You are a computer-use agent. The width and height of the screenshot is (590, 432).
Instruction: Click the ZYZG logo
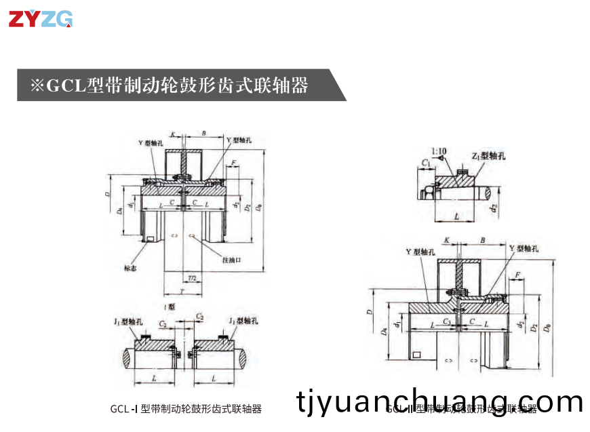(x=40, y=20)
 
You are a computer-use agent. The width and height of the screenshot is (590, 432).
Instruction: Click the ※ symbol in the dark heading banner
(x=37, y=85)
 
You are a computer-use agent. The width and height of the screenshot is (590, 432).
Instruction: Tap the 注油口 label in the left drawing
(x=232, y=260)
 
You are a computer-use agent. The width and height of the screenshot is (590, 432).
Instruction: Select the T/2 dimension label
(x=193, y=278)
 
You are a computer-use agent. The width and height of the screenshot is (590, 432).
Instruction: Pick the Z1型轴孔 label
(x=489, y=156)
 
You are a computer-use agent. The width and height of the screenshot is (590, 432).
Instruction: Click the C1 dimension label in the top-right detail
(x=425, y=163)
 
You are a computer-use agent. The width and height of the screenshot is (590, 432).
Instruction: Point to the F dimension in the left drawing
(x=233, y=163)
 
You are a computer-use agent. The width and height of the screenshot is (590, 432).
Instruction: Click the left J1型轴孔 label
(x=128, y=320)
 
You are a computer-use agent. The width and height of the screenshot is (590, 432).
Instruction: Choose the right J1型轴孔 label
(x=245, y=320)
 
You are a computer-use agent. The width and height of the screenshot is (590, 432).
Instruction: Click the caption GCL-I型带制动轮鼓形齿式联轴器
(x=186, y=409)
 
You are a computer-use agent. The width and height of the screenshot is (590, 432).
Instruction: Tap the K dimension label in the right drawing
(x=446, y=240)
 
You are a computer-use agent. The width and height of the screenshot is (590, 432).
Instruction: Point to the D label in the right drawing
(x=370, y=312)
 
